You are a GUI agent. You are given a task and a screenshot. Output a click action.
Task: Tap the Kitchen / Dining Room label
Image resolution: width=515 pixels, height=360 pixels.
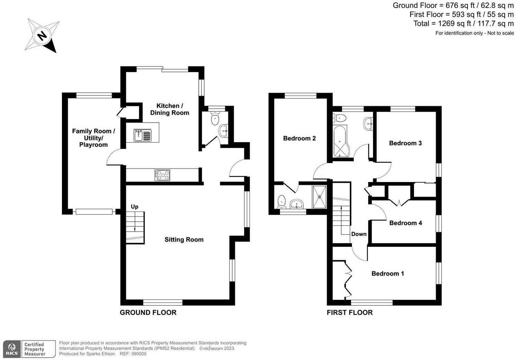pos(169,109)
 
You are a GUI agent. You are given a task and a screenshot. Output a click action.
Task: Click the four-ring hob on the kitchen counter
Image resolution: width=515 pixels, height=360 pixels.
pos(162,175)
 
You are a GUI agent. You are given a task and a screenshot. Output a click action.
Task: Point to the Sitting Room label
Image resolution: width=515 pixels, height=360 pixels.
pos(184,240)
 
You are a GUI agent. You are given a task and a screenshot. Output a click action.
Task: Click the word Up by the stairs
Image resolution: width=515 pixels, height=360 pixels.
pos(135,207)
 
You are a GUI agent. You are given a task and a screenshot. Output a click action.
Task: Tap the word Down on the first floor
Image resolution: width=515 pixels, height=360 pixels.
pos(359,234)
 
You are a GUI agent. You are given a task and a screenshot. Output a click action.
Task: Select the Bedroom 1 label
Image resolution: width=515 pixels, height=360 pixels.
pos(388,273)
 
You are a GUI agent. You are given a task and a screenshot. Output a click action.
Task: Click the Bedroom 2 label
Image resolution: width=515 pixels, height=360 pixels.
pos(299,138)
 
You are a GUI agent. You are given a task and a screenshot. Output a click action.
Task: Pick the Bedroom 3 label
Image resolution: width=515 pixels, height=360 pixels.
pos(405,143)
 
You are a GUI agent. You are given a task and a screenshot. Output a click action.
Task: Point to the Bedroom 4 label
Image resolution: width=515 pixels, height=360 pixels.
pos(405,223)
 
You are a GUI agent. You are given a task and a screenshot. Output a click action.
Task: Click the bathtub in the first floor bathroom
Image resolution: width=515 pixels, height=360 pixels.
pos(341,142)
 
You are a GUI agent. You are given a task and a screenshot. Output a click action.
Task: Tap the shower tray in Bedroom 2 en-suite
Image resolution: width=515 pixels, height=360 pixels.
pos(319,197)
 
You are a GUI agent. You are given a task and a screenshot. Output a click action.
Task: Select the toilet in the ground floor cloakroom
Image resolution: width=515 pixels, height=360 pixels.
pos(215,119)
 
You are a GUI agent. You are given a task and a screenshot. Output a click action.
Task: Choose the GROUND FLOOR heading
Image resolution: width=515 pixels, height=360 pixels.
pos(148,313)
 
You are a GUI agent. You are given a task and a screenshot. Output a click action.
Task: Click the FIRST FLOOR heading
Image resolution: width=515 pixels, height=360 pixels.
pos(350,313)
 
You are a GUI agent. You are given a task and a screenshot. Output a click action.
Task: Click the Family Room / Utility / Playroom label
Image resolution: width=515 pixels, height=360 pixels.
pos(93,138)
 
